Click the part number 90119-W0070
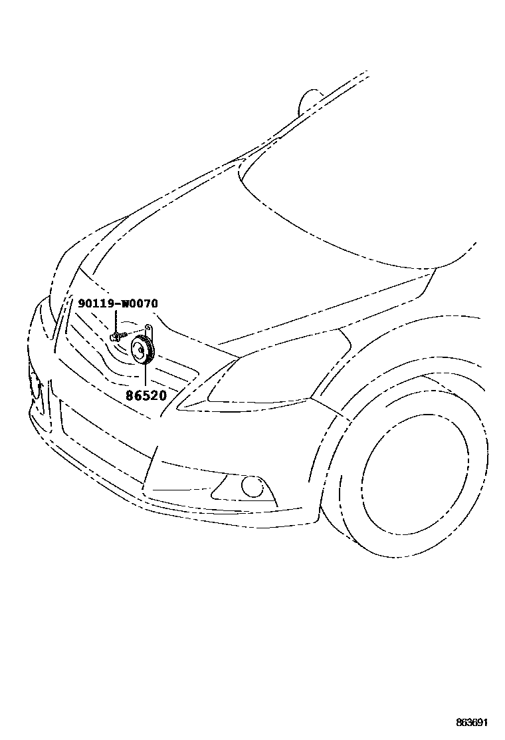coord(118,303)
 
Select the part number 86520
coord(146,395)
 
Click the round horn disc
coord(142,350)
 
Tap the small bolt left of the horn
coord(116,335)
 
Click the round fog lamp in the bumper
coord(252,487)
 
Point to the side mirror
coord(308,101)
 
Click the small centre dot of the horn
coord(141,350)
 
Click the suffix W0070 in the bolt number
coord(140,303)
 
